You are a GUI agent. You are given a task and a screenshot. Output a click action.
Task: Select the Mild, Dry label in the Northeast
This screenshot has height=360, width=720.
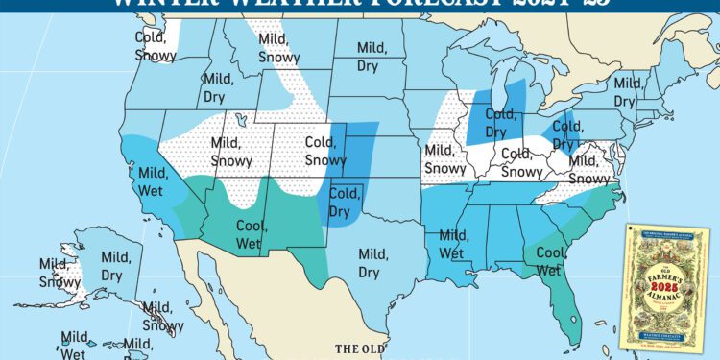628,91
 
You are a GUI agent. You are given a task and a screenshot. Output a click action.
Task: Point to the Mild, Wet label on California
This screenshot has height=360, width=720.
155,182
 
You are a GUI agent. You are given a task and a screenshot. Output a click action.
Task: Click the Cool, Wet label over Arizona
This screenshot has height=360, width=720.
252,232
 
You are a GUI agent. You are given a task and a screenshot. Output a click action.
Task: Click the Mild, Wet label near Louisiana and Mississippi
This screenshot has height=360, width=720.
455,244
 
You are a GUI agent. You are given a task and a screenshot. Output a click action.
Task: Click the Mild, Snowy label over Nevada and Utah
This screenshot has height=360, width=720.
229,152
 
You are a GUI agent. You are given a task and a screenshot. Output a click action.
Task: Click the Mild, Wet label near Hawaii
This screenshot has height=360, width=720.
76,346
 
